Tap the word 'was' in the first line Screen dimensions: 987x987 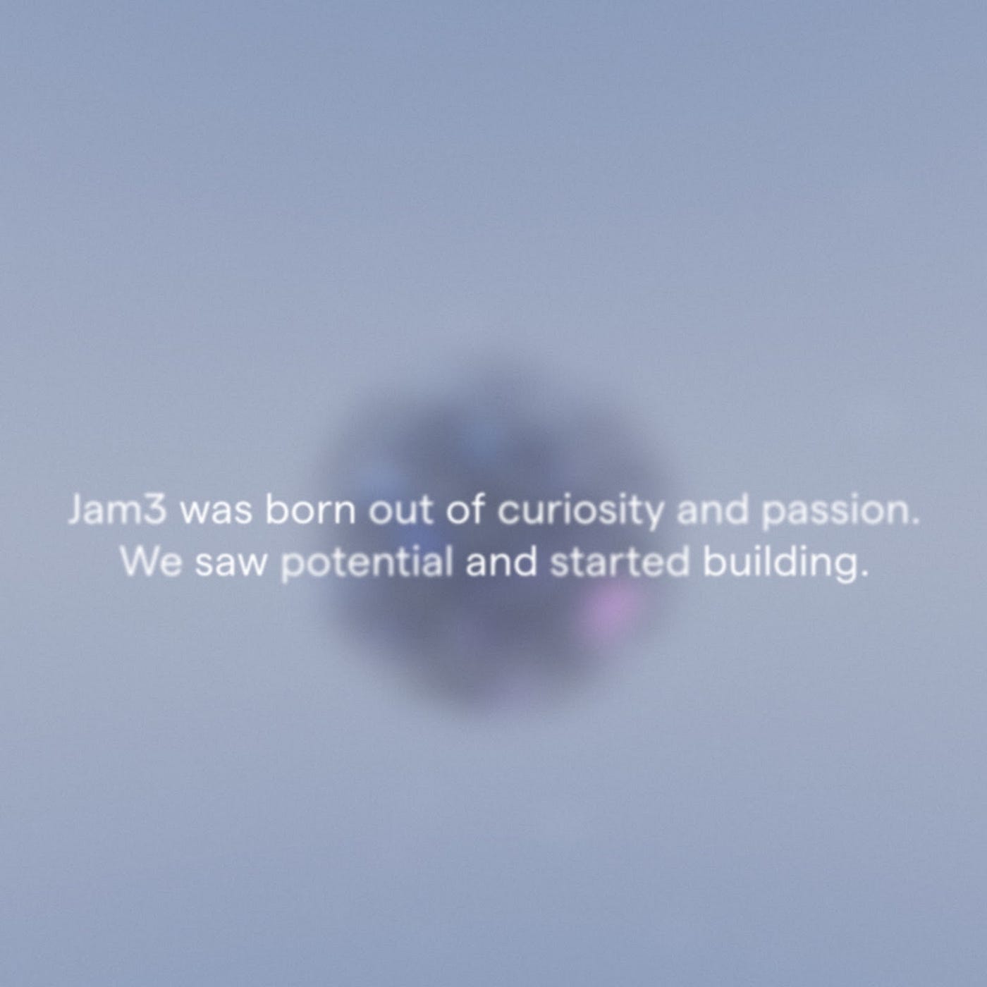click(x=216, y=512)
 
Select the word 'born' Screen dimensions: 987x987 click(x=310, y=510)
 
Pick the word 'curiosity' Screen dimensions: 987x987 click(x=580, y=512)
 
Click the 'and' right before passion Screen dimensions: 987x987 click(x=712, y=510)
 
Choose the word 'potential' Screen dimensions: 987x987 click(x=367, y=563)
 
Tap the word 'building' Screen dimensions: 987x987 click(x=780, y=563)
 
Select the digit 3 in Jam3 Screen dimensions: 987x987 click(x=154, y=510)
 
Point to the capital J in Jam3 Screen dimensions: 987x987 click(x=75, y=510)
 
